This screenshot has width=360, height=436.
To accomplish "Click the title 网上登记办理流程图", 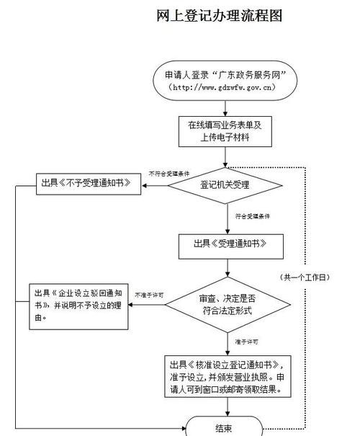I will pyautogui.click(x=218, y=15).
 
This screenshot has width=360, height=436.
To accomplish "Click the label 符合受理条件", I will pyautogui.click(x=253, y=215).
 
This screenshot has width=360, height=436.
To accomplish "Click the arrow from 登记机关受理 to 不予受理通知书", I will pyautogui.click(x=155, y=185).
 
